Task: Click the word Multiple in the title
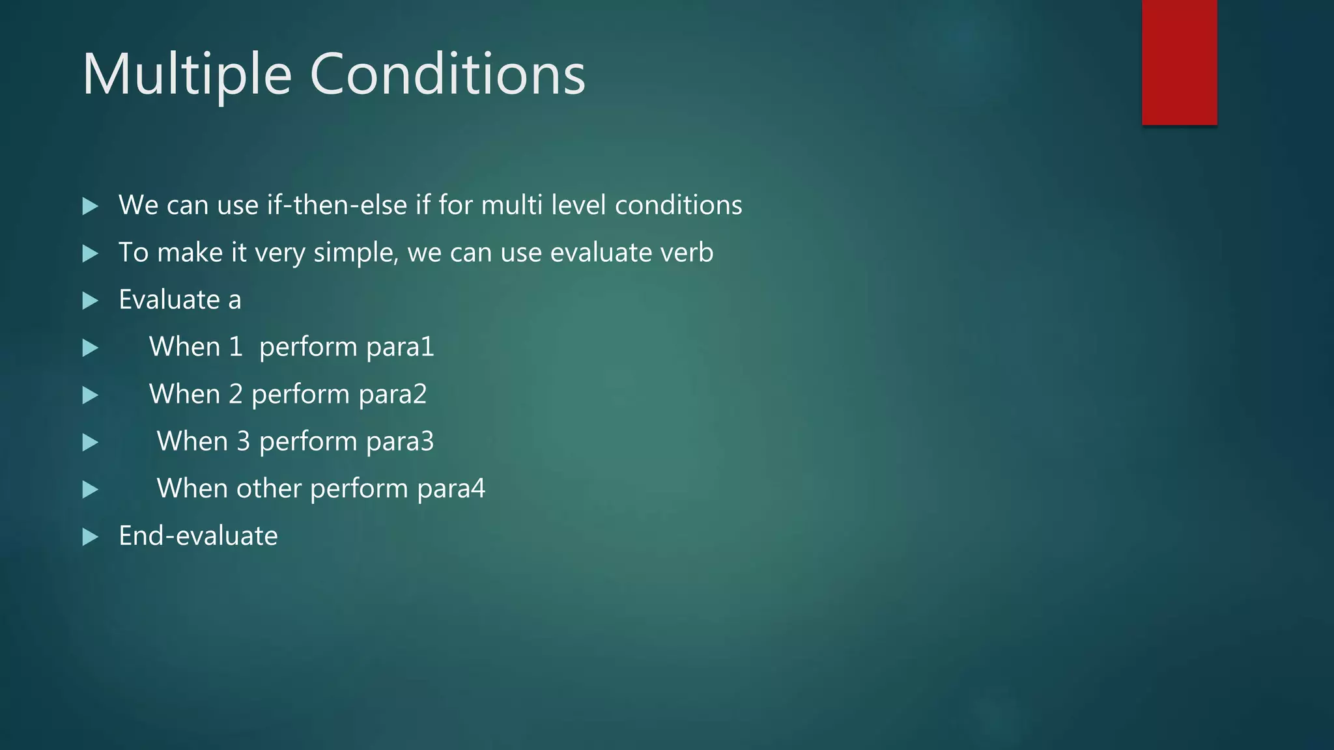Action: [x=186, y=75]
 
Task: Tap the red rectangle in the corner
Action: [x=1179, y=62]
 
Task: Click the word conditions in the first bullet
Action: [x=678, y=205]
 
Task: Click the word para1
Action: [x=399, y=347]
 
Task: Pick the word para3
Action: [x=399, y=441]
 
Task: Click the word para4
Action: [x=451, y=489]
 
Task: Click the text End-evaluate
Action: [x=198, y=536]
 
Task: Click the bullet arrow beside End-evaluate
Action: [x=91, y=537]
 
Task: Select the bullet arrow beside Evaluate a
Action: [x=91, y=301]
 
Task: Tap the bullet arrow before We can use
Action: [x=91, y=206]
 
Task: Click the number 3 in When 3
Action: [x=243, y=441]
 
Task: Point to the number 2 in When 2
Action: [x=235, y=395]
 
